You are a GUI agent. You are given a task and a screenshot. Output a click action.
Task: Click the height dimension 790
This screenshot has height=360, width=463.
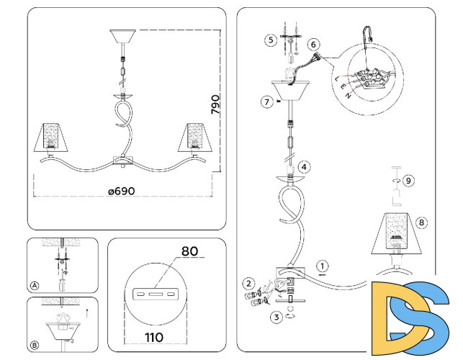coord(215,105)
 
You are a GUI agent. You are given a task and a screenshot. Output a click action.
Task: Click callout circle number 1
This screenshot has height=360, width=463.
coord(323,265)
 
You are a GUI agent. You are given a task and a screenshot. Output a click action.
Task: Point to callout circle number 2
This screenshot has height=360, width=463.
coord(248,283)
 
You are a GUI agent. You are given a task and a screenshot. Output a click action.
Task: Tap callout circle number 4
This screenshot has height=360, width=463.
coord(305,167)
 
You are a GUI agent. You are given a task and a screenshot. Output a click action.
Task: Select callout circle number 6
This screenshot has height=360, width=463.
coord(313,44)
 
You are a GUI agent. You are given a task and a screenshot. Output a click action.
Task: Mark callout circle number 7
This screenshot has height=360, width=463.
coord(266,102)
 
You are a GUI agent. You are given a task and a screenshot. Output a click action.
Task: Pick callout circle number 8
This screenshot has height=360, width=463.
coord(422,222)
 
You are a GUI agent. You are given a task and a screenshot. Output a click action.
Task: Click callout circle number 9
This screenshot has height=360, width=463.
coord(408,180)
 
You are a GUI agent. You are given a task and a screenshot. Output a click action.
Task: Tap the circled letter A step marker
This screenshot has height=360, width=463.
coord(34,286)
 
